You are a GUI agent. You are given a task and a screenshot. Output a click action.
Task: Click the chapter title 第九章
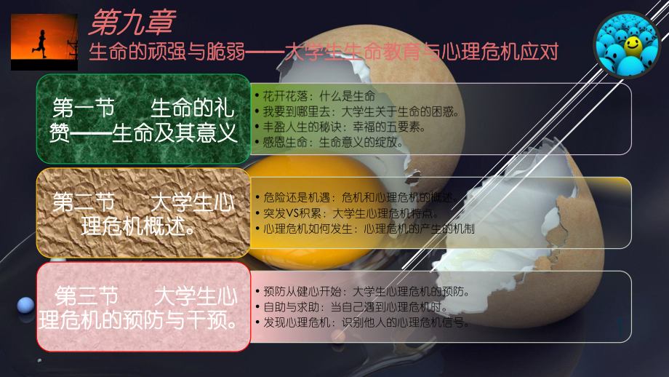tap(131, 22)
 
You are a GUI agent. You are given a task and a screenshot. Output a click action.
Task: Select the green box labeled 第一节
tap(143, 119)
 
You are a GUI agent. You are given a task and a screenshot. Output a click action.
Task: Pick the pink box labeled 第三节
tap(143, 307)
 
